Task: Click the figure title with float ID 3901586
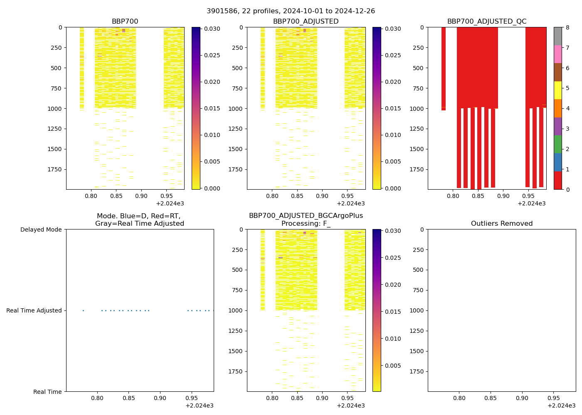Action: [x=291, y=11]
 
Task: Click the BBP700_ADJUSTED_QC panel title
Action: [x=487, y=22]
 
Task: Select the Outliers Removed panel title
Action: [x=501, y=224]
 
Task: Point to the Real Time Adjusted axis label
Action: [x=34, y=310]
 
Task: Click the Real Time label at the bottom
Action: [x=47, y=392]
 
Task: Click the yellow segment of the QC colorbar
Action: [x=557, y=90]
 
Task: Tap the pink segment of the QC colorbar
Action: [x=557, y=54]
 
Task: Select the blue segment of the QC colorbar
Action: [x=557, y=162]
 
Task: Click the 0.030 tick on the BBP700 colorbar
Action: [x=212, y=29]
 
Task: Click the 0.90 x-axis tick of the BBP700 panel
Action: [x=141, y=196]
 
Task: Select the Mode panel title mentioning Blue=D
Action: [x=139, y=220]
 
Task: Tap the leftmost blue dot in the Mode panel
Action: [x=83, y=310]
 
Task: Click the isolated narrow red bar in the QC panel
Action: [x=444, y=68]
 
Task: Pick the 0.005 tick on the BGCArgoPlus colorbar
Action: [x=393, y=366]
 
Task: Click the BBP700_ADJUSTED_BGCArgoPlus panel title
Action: [x=306, y=220]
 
